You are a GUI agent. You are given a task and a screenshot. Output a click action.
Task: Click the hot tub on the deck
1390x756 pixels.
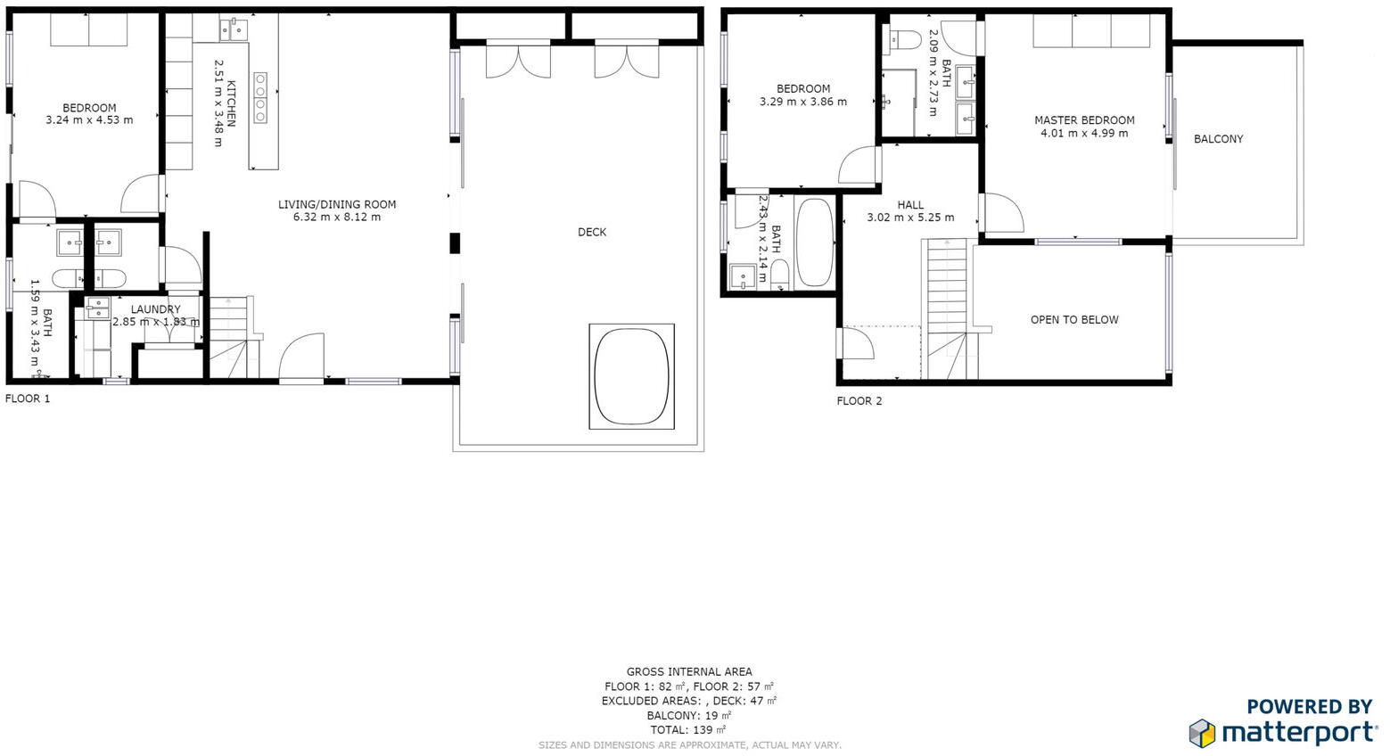(631, 375)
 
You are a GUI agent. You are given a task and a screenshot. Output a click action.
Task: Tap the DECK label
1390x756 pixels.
(592, 232)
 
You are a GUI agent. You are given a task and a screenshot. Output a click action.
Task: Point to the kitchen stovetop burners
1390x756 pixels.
(260, 98)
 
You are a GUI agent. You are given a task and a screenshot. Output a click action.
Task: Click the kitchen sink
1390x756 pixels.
(233, 30)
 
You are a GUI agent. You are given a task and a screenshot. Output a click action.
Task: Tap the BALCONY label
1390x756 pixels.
(1218, 139)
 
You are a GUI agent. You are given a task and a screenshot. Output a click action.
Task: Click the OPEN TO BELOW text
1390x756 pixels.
(1074, 320)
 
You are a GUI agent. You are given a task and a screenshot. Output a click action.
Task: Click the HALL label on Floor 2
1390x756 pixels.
(910, 205)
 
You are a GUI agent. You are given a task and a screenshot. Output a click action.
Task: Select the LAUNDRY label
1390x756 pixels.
(156, 309)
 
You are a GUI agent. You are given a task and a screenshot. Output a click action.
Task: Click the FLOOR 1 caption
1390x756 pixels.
(28, 399)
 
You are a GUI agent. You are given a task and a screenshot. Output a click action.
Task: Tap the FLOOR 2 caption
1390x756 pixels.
(859, 401)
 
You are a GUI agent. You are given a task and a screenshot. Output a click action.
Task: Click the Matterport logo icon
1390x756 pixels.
(1202, 733)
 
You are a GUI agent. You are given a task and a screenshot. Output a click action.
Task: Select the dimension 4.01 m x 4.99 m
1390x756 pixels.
(1084, 134)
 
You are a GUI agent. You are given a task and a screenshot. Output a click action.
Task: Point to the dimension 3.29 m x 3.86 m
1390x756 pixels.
(803, 102)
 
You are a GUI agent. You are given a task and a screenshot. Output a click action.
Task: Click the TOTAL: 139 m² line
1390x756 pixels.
(688, 729)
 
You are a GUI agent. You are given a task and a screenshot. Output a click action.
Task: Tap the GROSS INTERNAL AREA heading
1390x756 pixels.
(689, 672)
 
